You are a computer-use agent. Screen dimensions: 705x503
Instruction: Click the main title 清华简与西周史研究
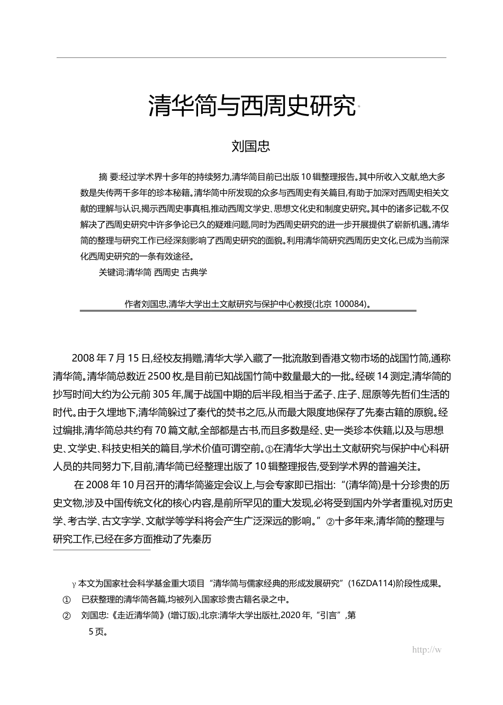point(251,107)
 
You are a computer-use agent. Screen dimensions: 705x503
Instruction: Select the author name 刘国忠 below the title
point(251,146)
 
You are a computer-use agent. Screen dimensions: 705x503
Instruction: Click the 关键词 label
point(111,273)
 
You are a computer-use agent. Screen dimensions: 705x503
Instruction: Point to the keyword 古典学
point(194,273)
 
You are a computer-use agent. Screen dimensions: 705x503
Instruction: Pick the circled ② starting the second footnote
point(67,616)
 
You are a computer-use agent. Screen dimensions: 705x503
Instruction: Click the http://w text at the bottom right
point(426,650)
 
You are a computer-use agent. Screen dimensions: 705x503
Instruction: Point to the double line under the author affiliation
point(248,311)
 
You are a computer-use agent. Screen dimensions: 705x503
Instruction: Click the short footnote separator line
point(102,550)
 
